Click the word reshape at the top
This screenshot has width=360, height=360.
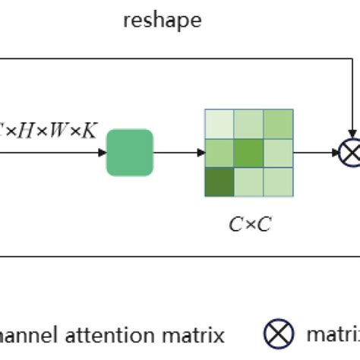162,21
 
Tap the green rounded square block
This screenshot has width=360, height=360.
130,152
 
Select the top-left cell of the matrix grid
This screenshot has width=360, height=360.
219,123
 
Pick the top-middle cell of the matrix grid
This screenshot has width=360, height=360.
249,123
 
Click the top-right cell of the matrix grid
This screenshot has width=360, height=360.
278,123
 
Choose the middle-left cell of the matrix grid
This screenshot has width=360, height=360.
219,152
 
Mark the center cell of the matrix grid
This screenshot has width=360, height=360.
249,152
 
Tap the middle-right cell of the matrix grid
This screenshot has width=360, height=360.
278,152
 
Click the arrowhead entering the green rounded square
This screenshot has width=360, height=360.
102,153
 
